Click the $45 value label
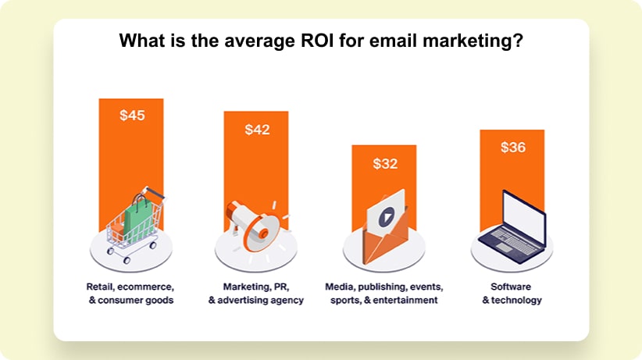[132, 116]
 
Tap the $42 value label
[257, 130]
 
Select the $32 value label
[385, 164]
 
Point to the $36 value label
[512, 147]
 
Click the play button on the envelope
[386, 218]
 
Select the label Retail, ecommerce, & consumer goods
[130, 294]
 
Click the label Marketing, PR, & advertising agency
[256, 294]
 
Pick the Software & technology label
[512, 294]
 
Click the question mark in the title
[518, 41]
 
